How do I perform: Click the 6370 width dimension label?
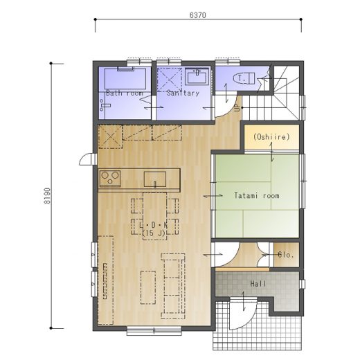pyautogui.click(x=198, y=15)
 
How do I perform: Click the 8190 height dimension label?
pyautogui.click(x=47, y=196)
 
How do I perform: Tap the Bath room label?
pyautogui.click(x=125, y=93)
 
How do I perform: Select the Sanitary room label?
pyautogui.click(x=183, y=93)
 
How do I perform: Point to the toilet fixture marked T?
pyautogui.click(x=244, y=78)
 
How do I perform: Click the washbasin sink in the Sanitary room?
pyautogui.click(x=197, y=76)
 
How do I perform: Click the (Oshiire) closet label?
pyautogui.click(x=271, y=137)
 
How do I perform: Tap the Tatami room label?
pyautogui.click(x=257, y=196)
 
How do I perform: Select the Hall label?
pyautogui.click(x=258, y=284)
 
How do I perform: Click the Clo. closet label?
pyautogui.click(x=286, y=255)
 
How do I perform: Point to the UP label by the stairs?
pyautogui.click(x=237, y=107)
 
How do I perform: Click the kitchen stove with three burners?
pyautogui.click(x=110, y=179)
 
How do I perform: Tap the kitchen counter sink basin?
pyautogui.click(x=155, y=179)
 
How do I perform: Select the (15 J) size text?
pyautogui.click(x=154, y=233)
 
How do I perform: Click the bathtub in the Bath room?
pyautogui.click(x=125, y=78)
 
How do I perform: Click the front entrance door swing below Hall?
pyautogui.click(x=243, y=314)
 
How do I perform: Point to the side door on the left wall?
pyautogui.click(x=88, y=159)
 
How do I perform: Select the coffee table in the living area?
pyautogui.click(x=148, y=287)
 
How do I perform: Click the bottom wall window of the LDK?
pyautogui.click(x=154, y=331)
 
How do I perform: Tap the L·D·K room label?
pyautogui.click(x=154, y=225)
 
